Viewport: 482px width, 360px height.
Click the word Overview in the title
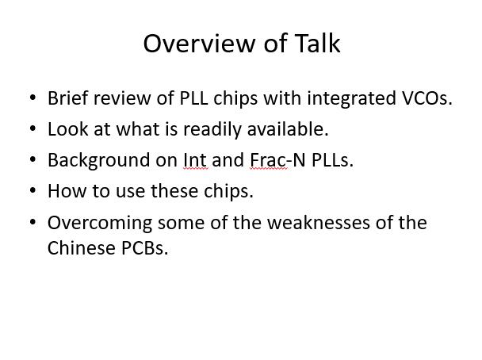[x=199, y=44]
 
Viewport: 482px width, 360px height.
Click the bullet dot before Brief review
[x=33, y=98]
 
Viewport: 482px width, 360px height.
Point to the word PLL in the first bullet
[x=193, y=98]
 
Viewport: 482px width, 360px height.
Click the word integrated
[x=351, y=98]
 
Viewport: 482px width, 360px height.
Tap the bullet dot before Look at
[x=33, y=128]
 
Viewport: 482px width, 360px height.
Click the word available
[x=288, y=128]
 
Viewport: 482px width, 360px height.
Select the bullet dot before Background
[x=33, y=159]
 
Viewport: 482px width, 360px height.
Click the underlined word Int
[x=196, y=160]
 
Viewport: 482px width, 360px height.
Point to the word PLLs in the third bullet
[x=333, y=160]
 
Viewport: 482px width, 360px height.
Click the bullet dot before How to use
[x=33, y=190]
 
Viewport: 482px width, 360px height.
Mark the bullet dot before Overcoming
[x=33, y=222]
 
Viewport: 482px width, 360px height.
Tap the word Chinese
[x=82, y=247]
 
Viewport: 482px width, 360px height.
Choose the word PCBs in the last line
[x=145, y=247]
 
